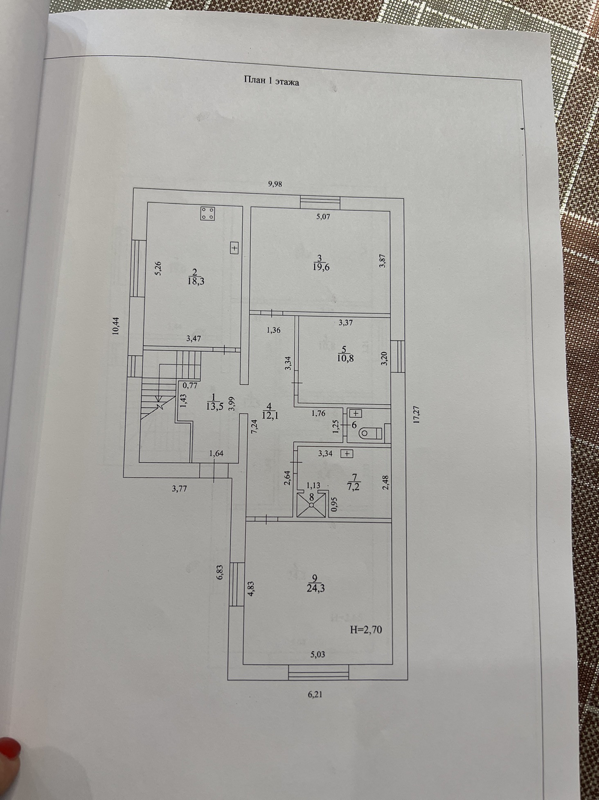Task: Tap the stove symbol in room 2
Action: pos(208,213)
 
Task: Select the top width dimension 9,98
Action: pos(275,184)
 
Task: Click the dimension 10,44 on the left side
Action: pos(116,326)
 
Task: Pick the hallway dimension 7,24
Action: pos(254,427)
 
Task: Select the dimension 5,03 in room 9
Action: pos(317,654)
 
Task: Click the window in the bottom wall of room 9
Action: pos(318,672)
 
